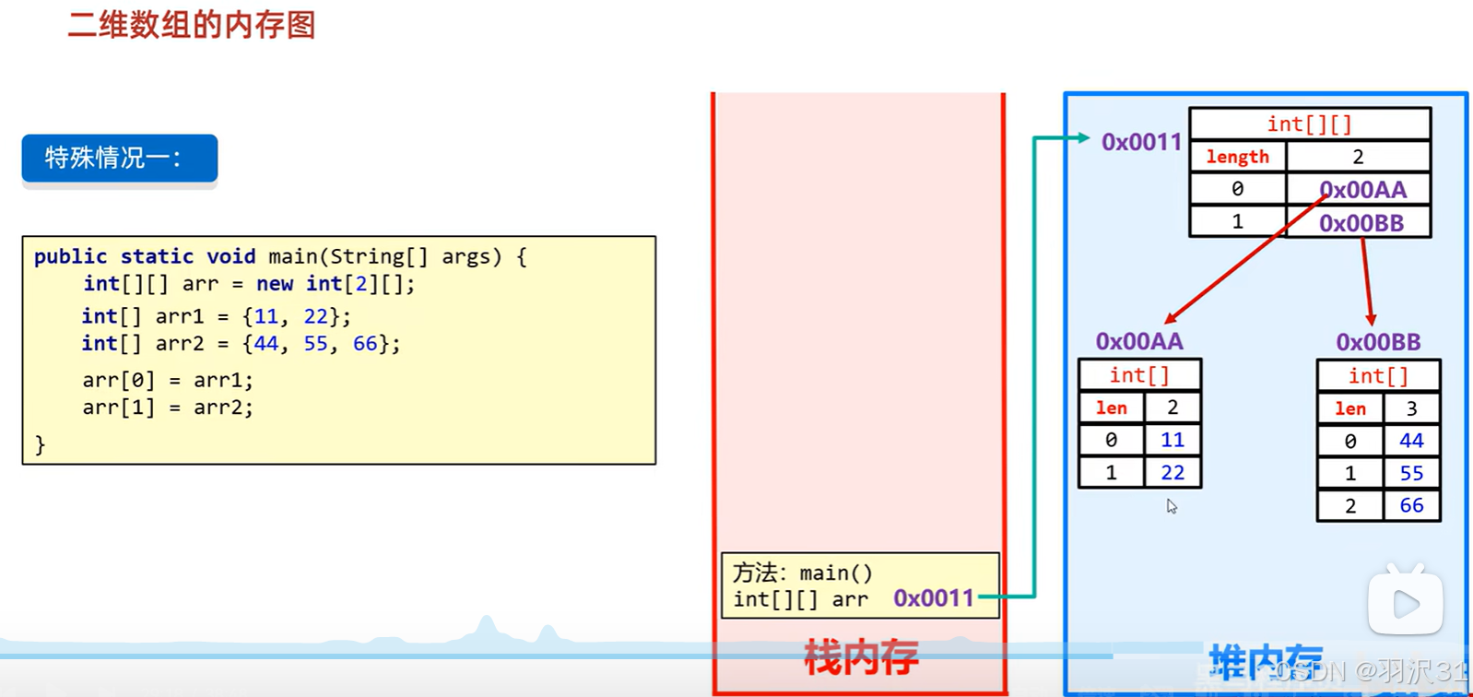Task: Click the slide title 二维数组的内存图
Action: (x=192, y=25)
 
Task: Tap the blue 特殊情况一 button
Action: (x=120, y=159)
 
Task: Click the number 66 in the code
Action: (x=365, y=344)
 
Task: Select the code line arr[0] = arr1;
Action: (x=167, y=380)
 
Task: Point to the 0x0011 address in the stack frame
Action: (x=934, y=598)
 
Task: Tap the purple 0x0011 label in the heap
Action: (x=1141, y=142)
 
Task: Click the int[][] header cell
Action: (x=1309, y=124)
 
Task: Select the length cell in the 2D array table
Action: (x=1237, y=157)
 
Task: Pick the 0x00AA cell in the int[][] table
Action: (x=1362, y=190)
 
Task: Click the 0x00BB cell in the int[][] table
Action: (x=1361, y=223)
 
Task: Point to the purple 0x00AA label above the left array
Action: (x=1138, y=341)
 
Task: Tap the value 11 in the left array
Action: (x=1173, y=440)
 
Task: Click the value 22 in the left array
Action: (x=1173, y=473)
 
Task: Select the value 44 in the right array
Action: (x=1411, y=441)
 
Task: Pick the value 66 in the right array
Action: (x=1411, y=505)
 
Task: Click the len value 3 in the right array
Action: (x=1411, y=408)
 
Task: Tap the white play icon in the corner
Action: (x=1405, y=604)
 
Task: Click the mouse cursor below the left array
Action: (x=1172, y=506)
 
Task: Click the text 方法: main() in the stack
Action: (x=802, y=573)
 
